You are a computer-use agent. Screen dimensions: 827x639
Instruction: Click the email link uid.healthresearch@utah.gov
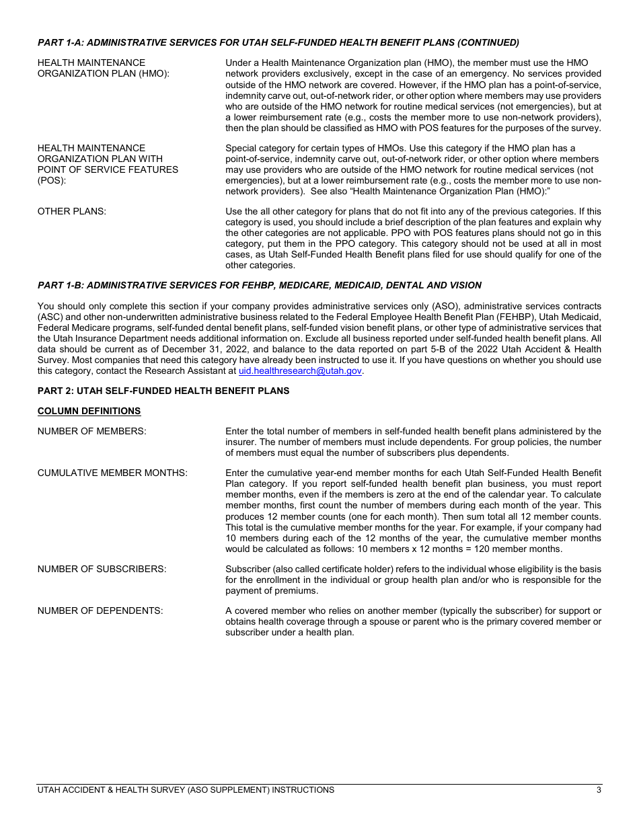pos(300,370)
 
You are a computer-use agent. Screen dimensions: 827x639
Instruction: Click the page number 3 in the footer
pos(599,790)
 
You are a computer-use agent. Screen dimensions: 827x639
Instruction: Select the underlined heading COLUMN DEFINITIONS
pos(89,411)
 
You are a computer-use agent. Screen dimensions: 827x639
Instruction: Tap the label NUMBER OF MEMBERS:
pos(91,431)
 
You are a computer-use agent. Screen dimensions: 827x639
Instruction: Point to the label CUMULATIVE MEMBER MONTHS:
pos(112,473)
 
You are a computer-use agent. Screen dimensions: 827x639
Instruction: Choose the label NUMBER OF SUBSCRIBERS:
pos(102,569)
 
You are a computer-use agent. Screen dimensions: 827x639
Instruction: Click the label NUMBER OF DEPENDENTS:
pos(100,611)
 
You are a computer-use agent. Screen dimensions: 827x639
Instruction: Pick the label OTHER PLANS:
pos(71,211)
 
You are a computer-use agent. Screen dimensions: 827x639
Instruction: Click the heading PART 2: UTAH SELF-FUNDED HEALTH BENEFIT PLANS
pos(163,391)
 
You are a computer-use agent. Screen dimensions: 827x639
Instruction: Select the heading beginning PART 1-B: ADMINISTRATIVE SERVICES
pos(259,285)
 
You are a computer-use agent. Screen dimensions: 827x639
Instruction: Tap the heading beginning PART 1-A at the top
pos(278,42)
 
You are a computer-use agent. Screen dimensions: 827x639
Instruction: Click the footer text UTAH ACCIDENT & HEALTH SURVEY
pos(186,790)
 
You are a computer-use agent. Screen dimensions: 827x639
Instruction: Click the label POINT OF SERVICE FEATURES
pos(108,169)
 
